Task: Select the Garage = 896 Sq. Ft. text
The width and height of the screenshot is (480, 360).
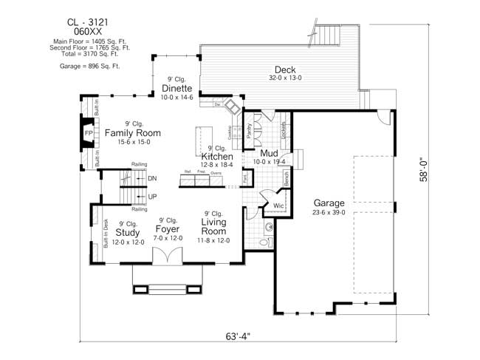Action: (89, 66)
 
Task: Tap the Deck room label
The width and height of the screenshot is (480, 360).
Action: (285, 70)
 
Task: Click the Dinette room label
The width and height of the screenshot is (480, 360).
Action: (177, 89)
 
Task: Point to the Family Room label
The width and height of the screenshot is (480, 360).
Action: (132, 133)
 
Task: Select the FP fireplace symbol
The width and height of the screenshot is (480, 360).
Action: (88, 133)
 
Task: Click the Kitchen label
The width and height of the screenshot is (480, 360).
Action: (217, 157)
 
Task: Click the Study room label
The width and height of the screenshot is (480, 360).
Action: (128, 232)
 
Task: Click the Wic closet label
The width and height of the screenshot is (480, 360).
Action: (278, 206)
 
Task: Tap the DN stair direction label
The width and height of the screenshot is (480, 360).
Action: (152, 179)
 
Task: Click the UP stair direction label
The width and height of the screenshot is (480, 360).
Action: (152, 197)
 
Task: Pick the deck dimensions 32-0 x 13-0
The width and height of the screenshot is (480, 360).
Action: (285, 78)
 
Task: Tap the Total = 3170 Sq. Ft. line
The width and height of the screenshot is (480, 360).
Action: (89, 53)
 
